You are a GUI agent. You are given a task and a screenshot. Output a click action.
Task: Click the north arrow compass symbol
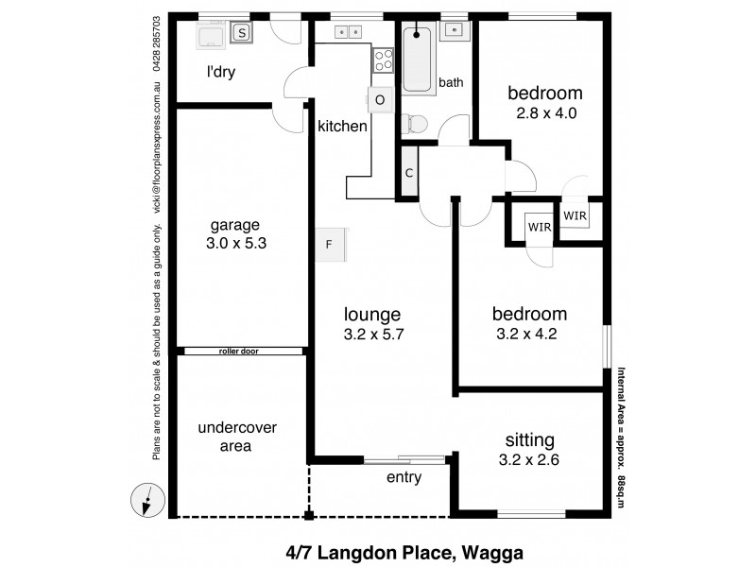point(147,499)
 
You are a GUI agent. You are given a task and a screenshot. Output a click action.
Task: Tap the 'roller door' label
point(238,351)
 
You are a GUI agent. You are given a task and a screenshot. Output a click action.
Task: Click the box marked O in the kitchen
point(380,99)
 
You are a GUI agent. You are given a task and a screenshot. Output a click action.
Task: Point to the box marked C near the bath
point(409,173)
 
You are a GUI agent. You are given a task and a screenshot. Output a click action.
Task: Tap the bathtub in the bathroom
point(417,60)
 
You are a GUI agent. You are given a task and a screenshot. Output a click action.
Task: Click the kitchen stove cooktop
point(383,60)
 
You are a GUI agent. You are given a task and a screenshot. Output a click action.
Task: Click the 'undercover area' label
point(237,437)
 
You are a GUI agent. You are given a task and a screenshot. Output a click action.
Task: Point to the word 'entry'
point(404,477)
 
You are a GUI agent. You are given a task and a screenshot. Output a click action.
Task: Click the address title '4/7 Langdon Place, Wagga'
point(404,551)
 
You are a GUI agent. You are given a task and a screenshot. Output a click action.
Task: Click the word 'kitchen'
point(342,126)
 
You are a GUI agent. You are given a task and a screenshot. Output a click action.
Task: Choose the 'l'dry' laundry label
point(221,71)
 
